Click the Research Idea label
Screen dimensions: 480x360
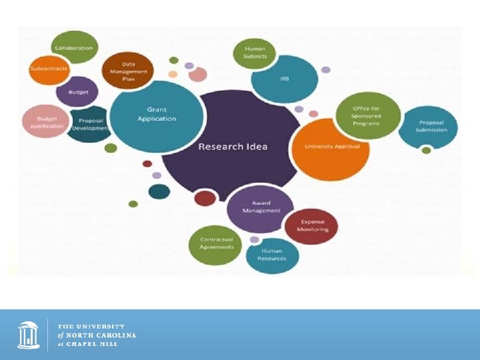click(x=233, y=147)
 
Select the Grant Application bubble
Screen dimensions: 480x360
click(x=156, y=114)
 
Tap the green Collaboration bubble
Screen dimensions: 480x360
click(x=74, y=48)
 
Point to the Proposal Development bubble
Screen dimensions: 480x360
click(x=90, y=124)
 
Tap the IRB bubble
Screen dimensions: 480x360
click(x=284, y=79)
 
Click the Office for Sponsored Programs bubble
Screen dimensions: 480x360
click(x=367, y=115)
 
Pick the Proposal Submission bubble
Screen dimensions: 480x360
click(x=428, y=127)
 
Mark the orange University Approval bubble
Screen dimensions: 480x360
click(x=331, y=148)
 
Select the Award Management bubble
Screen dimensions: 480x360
click(x=261, y=207)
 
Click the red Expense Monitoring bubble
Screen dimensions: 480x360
click(x=311, y=226)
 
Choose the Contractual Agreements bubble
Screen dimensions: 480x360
click(x=217, y=243)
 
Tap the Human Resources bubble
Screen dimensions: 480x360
click(x=272, y=255)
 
